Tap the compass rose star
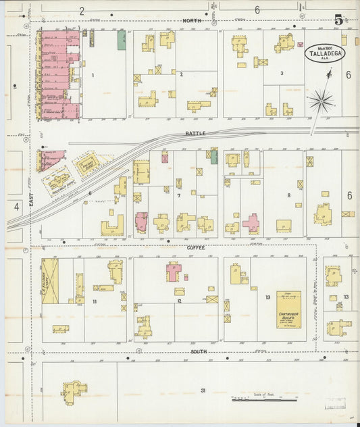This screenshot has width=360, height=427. pyautogui.click(x=322, y=102)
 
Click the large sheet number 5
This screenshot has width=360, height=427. pyautogui.click(x=337, y=20)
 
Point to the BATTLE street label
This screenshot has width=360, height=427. pyautogui.click(x=195, y=134)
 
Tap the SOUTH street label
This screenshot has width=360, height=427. pyautogui.click(x=198, y=351)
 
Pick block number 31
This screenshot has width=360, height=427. pyautogui.click(x=203, y=391)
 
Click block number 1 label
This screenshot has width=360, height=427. pyautogui.click(x=93, y=75)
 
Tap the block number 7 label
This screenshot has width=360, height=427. pyautogui.click(x=178, y=195)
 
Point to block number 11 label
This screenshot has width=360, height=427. pyautogui.click(x=95, y=301)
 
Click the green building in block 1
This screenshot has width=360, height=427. pyautogui.click(x=122, y=40)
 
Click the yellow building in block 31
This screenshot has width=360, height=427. pyautogui.click(x=74, y=391)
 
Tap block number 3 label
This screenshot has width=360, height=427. pyautogui.click(x=281, y=72)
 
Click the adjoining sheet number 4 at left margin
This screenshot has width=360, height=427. pyautogui.click(x=16, y=207)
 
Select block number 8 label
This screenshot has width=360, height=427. pyautogui.click(x=288, y=195)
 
